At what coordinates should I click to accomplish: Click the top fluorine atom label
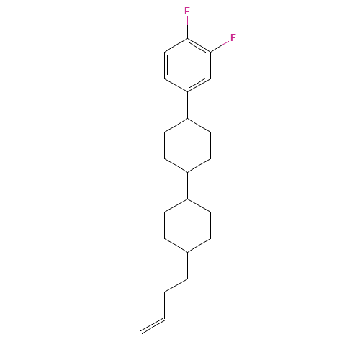pyautogui.click(x=187, y=12)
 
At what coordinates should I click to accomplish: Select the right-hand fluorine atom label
pyautogui.click(x=233, y=37)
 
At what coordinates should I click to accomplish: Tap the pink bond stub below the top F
pyautogui.click(x=187, y=23)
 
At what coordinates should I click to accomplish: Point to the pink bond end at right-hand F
pyautogui.click(x=223, y=43)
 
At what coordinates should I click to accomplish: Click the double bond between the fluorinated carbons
pyautogui.click(x=199, y=45)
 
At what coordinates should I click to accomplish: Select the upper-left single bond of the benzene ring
pyautogui.click(x=176, y=45)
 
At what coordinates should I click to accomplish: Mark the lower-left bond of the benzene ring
pyautogui.click(x=176, y=84)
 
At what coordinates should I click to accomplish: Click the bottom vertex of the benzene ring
pyautogui.click(x=188, y=91)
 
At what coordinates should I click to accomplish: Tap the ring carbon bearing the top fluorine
pyautogui.click(x=188, y=38)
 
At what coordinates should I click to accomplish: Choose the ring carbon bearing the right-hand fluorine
pyautogui.click(x=211, y=52)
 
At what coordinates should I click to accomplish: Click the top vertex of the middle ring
pyautogui.click(x=188, y=118)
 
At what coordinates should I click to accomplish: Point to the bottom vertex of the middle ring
pyautogui.click(x=188, y=172)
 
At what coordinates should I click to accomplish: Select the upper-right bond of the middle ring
pyautogui.click(x=199, y=125)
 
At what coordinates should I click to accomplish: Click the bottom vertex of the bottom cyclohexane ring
pyautogui.click(x=188, y=253)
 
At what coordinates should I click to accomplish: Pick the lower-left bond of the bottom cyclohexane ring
pyautogui.click(x=176, y=246)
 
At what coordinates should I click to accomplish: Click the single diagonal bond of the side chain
pyautogui.click(x=176, y=286)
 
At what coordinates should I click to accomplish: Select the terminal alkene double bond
pyautogui.click(x=153, y=326)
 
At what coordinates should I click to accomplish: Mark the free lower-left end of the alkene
pyautogui.click(x=143, y=333)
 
